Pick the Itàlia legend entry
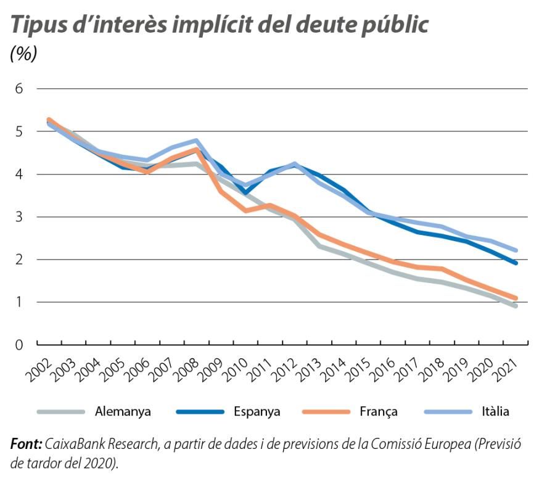pos(495,411)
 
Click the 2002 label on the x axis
pos(41,370)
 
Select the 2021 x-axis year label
pos(507,370)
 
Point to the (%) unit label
pos(23,54)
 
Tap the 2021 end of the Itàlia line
pos(515,250)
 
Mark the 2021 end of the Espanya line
pos(515,263)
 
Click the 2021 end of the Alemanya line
pos(515,306)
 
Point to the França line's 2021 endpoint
pos(515,298)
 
